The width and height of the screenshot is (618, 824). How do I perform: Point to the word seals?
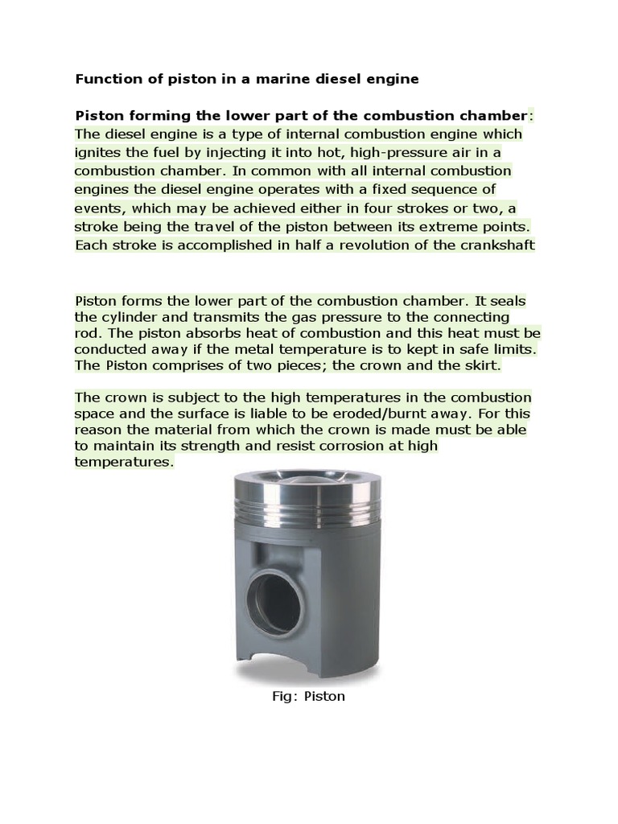tap(506, 300)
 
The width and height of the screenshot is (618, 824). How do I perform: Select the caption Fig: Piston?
tap(308, 696)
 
